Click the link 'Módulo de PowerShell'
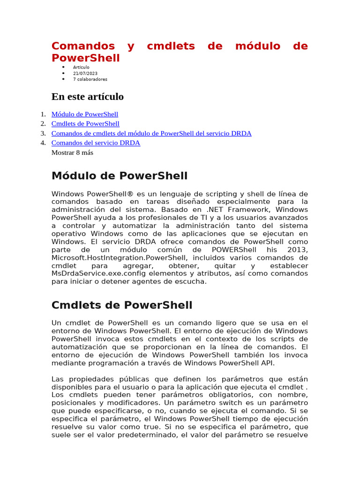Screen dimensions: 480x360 [84, 114]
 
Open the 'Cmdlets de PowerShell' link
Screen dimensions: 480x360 [85, 124]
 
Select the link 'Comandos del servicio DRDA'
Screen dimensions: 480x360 [96, 143]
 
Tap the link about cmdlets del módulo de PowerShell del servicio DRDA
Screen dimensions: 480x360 [151, 134]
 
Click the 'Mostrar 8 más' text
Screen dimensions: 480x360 [72, 152]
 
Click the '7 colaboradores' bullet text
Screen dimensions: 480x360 [90, 80]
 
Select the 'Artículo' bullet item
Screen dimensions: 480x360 [81, 67]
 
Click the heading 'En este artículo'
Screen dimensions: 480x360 [87, 97]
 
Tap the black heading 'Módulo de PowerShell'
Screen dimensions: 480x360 [119, 176]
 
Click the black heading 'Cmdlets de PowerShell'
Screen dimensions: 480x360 [121, 305]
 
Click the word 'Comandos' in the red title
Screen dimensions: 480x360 [83, 46]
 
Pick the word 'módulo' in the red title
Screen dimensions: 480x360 [257, 46]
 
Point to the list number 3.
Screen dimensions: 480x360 [43, 134]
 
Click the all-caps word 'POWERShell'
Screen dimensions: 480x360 [233, 250]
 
